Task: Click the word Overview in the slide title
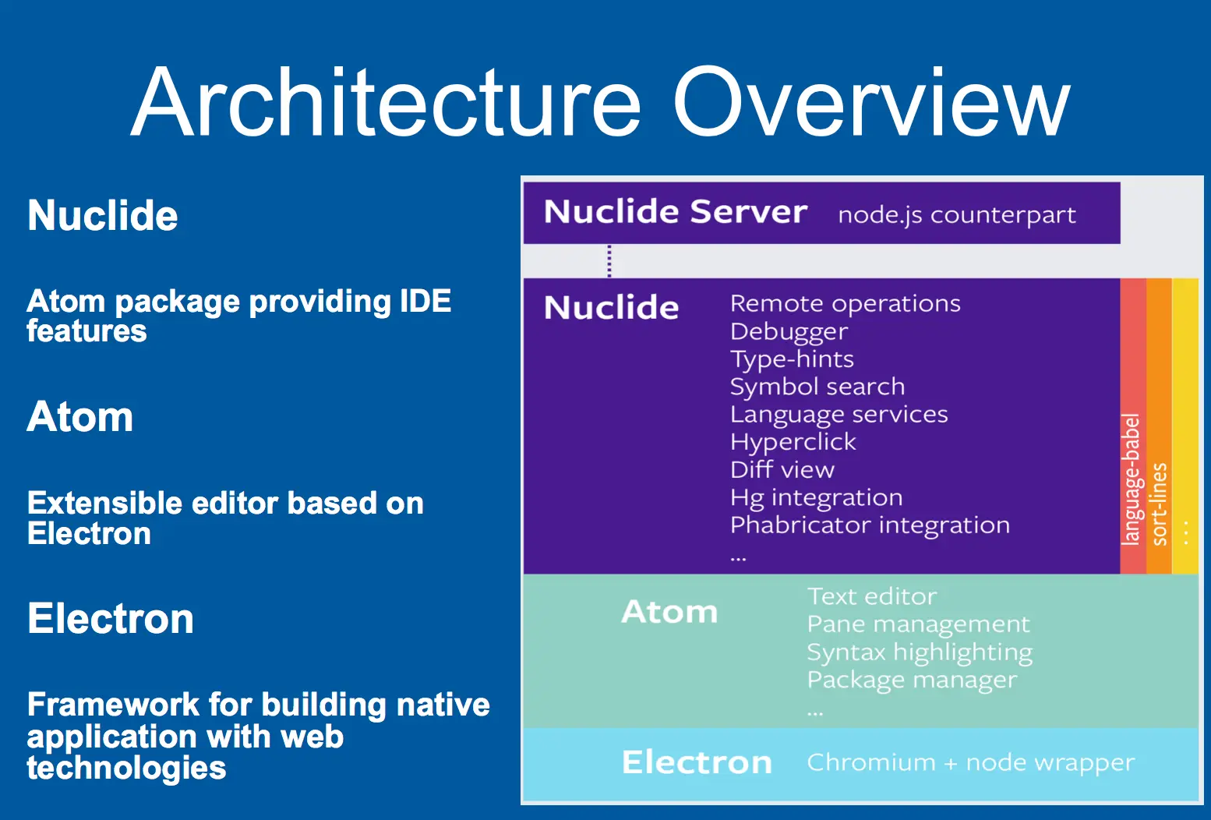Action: click(x=871, y=103)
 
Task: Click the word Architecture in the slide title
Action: click(x=387, y=103)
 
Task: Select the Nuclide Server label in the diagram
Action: click(x=675, y=212)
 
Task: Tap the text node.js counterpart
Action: click(x=956, y=214)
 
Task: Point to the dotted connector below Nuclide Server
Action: click(x=609, y=261)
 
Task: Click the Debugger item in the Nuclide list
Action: click(x=789, y=331)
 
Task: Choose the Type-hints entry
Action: click(x=792, y=359)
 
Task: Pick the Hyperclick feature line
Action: click(x=793, y=442)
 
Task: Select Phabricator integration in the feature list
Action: click(x=870, y=525)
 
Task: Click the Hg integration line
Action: click(x=816, y=497)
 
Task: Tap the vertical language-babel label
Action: click(x=1131, y=479)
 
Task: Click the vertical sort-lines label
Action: click(x=1159, y=504)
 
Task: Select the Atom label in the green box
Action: click(x=669, y=612)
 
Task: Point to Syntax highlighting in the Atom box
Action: click(x=920, y=652)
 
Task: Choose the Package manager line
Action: click(x=912, y=680)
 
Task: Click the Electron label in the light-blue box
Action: click(x=697, y=762)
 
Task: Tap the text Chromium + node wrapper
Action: click(x=970, y=762)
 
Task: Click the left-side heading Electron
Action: click(x=111, y=619)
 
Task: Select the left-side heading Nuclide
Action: click(x=103, y=215)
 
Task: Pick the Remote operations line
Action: click(x=845, y=303)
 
